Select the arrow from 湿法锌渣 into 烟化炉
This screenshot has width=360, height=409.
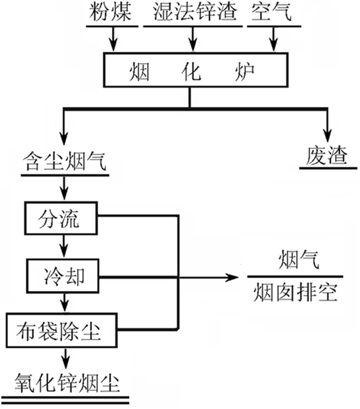[193, 39]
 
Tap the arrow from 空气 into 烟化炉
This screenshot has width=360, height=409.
[273, 39]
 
